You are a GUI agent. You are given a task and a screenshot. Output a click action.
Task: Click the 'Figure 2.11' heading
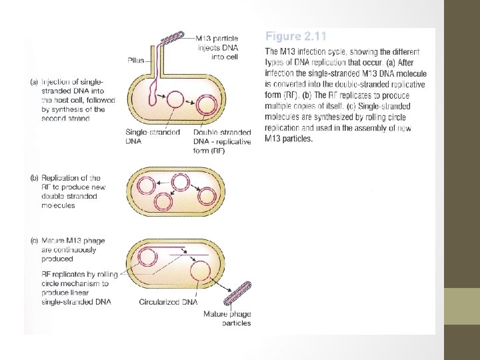coord(296,36)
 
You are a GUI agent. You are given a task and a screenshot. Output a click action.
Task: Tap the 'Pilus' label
coord(136,60)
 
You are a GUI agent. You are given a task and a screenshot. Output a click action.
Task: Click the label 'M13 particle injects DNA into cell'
coord(218,47)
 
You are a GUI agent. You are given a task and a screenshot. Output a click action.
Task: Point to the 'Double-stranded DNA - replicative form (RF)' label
coord(222,141)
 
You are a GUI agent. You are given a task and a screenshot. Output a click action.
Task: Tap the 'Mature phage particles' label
coord(227,319)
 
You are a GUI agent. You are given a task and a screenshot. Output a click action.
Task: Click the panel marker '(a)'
coord(35,82)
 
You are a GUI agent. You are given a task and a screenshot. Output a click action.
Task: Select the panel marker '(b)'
coord(35,178)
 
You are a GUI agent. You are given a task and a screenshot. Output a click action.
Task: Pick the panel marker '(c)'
coord(35,241)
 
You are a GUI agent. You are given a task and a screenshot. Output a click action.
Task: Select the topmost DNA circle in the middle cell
coord(179,182)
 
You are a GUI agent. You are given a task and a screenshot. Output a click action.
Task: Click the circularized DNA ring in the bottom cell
coord(200,272)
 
